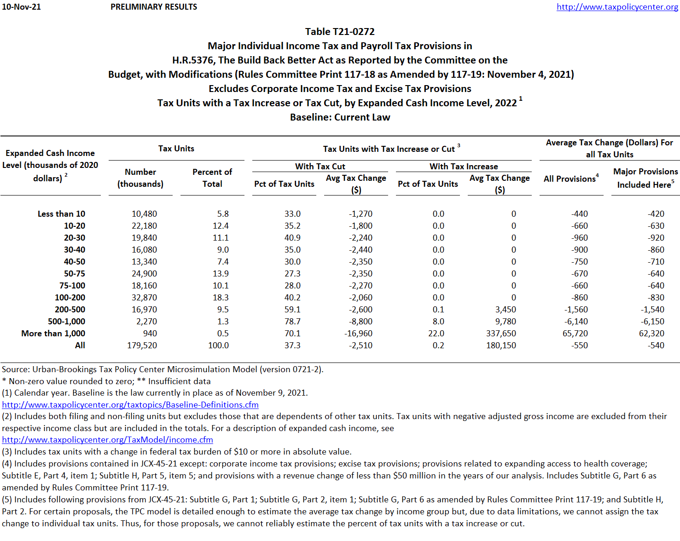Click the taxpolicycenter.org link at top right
point(617,7)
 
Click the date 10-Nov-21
point(21,7)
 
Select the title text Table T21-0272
point(340,32)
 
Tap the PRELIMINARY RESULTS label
point(154,7)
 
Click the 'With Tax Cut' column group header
point(320,166)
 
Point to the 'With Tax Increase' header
point(464,166)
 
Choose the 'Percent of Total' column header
point(212,178)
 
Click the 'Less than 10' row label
point(61,214)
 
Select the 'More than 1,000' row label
point(53,334)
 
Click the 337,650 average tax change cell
point(501,334)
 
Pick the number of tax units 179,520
point(142,345)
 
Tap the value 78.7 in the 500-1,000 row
point(292,322)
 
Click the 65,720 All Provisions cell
point(575,334)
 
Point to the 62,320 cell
point(651,334)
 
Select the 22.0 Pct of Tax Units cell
point(436,334)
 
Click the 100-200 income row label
point(70,298)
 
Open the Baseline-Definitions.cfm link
point(130,405)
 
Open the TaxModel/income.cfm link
point(107,440)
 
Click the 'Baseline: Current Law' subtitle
point(340,117)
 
